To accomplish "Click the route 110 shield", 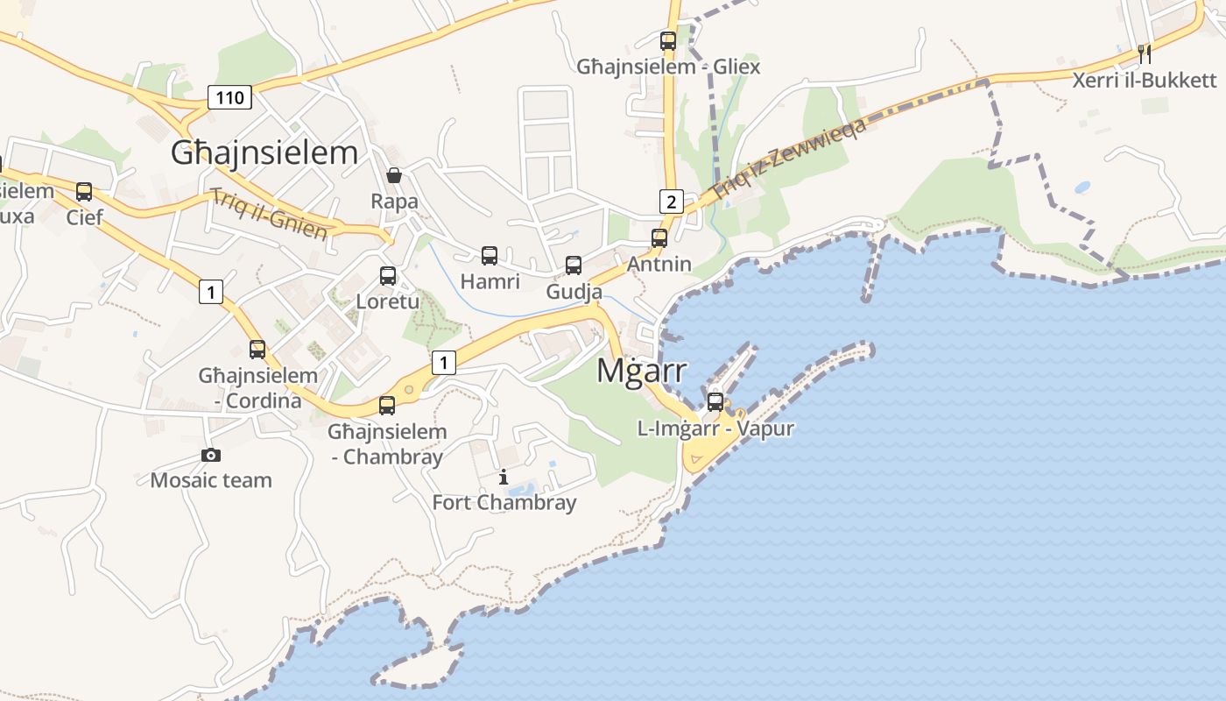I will click(x=229, y=96).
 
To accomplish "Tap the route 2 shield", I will click(x=671, y=202).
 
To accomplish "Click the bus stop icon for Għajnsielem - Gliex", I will click(x=668, y=40).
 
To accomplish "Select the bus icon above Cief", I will click(x=84, y=191).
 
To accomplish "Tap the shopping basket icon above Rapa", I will click(x=394, y=175).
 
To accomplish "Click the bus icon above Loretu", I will click(x=388, y=276).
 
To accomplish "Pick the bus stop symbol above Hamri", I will click(x=490, y=256).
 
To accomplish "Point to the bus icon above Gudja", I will click(x=574, y=265).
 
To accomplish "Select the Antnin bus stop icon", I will click(x=659, y=237).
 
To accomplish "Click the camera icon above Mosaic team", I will click(x=210, y=455).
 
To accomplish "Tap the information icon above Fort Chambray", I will click(x=504, y=477).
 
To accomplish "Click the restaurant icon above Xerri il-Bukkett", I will click(x=1145, y=53).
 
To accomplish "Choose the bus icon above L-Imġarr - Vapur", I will click(x=715, y=402).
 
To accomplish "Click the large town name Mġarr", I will click(x=641, y=371).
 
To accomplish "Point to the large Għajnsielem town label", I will click(x=264, y=152).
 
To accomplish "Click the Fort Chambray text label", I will click(x=504, y=502).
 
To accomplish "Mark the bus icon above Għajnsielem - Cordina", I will click(x=257, y=349).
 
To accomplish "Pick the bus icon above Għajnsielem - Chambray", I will click(x=387, y=405).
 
